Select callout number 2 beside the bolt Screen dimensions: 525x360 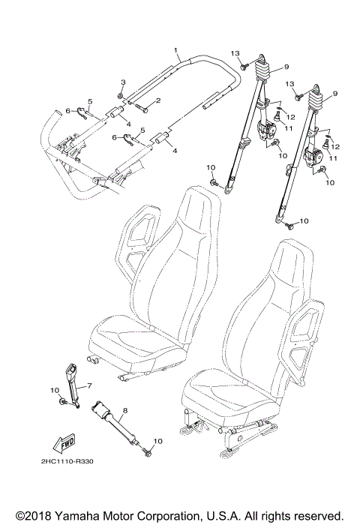[x=158, y=100]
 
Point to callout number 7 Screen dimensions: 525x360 [x=90, y=385]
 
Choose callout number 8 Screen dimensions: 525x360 [x=124, y=410]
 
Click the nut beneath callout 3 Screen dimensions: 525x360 [x=121, y=96]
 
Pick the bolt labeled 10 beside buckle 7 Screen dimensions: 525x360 [x=64, y=403]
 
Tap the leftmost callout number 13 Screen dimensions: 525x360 [x=235, y=53]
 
